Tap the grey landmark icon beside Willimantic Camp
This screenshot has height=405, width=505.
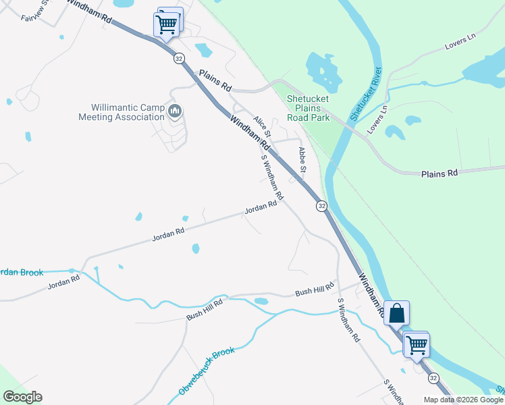176,111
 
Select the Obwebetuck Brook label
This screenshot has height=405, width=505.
207,371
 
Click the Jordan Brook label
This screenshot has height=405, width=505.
20,273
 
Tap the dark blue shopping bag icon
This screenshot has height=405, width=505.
397,313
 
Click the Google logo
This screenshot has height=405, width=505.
22,397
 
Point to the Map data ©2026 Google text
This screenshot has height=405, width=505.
462,400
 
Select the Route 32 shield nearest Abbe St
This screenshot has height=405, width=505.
321,206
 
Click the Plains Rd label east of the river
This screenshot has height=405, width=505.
440,173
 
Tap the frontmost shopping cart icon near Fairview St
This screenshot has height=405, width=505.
166,25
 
